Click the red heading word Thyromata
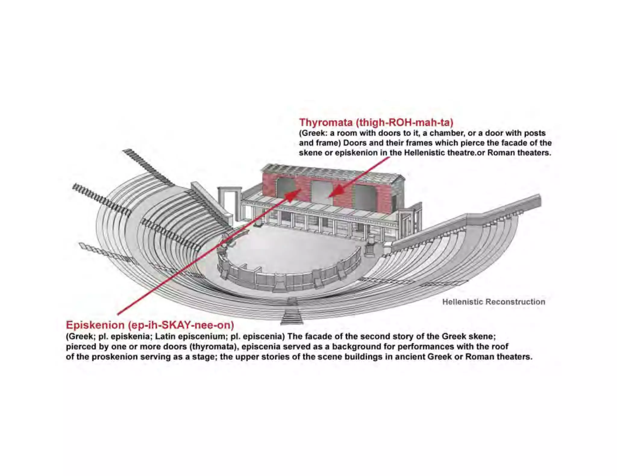pos(325,122)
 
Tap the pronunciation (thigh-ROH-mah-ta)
pos(404,122)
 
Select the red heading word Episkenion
pos(95,325)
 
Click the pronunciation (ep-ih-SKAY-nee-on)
pos(181,325)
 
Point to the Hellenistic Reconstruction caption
pos(493,302)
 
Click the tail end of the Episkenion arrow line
pos(118,314)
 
